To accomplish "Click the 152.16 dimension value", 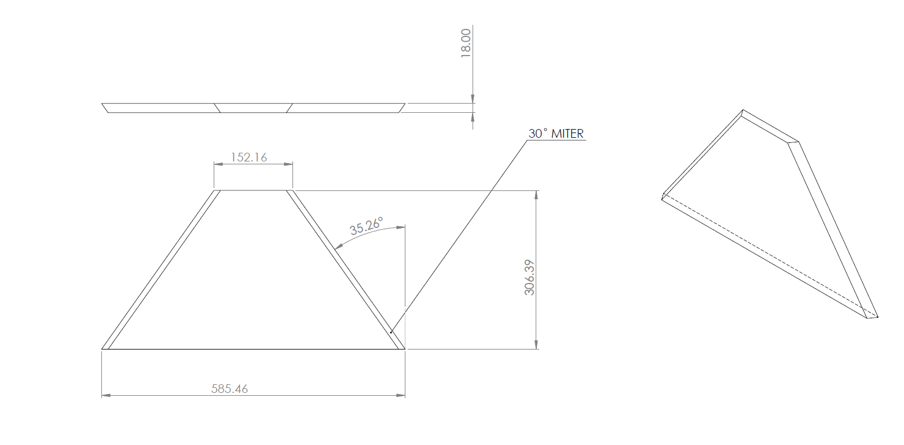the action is point(248,157).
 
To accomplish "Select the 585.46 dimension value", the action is point(229,388).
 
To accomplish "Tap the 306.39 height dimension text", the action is point(529,277).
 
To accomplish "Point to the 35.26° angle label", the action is point(366,226).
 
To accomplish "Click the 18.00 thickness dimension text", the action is point(466,43).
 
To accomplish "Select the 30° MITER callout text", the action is point(556,134).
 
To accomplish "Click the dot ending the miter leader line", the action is point(391,332).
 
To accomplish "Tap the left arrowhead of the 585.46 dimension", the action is point(106,395).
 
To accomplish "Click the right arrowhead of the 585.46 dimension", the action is point(400,395).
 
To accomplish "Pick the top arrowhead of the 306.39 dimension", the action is point(536,195).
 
